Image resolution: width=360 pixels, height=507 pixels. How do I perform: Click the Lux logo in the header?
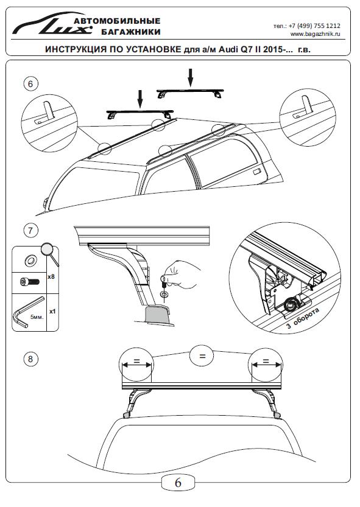tap(52, 24)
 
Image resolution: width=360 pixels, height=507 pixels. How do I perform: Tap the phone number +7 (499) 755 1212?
tap(314, 26)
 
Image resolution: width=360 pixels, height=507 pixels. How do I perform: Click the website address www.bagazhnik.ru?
tap(316, 34)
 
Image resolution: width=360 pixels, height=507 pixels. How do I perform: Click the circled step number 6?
tap(30, 84)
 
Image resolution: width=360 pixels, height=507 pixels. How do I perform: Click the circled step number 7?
tap(30, 231)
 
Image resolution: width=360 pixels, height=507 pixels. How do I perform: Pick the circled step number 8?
tap(30, 359)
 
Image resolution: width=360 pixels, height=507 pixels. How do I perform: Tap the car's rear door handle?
tap(257, 172)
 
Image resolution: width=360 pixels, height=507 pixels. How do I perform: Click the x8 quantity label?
tap(51, 277)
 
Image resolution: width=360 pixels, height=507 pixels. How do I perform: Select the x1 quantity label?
tap(52, 312)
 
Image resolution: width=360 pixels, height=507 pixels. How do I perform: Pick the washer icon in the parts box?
tap(29, 260)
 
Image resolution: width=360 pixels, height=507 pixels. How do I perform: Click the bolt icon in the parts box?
tap(29, 282)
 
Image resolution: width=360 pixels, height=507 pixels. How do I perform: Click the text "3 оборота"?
tap(303, 318)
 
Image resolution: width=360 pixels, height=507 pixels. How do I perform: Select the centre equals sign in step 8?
tap(202, 356)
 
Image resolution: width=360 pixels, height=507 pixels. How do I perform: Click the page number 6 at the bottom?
tap(178, 483)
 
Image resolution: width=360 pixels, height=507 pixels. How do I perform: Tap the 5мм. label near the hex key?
tap(37, 317)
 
